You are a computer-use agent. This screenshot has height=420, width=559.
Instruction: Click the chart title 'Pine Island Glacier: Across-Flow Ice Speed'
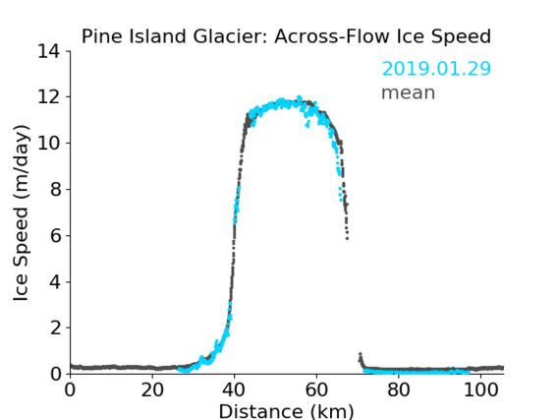coord(286,36)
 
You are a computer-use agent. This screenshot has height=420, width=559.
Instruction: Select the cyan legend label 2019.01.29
coord(436,69)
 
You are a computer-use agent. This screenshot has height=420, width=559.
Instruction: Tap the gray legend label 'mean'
coord(409,93)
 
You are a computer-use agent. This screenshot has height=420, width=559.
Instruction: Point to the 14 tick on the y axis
coord(49,51)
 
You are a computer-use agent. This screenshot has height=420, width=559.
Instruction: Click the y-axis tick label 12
coord(49,97)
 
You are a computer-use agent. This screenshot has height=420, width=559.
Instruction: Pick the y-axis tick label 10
coord(49,143)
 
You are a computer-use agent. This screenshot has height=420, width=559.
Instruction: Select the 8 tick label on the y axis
coord(55,189)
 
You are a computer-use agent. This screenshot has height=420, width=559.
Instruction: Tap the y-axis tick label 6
coord(55,235)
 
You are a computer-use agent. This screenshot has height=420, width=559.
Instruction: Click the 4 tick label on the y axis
coord(55,282)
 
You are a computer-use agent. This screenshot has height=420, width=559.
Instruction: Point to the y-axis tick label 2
coord(55,328)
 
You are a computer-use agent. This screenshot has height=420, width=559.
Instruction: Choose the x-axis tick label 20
coord(152,390)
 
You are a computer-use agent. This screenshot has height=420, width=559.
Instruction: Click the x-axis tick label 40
coord(234,390)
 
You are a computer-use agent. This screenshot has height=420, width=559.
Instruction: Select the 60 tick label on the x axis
coord(316,390)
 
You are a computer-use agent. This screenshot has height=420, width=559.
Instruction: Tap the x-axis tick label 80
coord(398,390)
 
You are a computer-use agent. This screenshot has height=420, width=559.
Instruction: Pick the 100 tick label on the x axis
coord(480,390)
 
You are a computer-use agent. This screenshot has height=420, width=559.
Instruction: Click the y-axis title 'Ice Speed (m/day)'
coord(21,212)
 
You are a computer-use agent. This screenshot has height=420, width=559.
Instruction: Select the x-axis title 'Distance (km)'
coord(286,411)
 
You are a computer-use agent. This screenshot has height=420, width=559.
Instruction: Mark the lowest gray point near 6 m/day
coord(347,238)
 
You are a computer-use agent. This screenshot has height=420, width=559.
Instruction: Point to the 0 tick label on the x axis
coord(70,390)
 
